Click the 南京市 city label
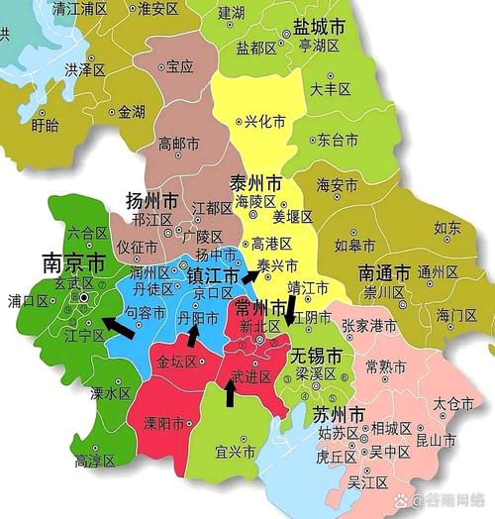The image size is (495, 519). [73, 263]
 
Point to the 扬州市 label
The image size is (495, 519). [151, 200]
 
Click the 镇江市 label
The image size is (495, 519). [213, 275]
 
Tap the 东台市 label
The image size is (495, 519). [338, 140]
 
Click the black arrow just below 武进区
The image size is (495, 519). [230, 393]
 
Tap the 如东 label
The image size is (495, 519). [446, 228]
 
